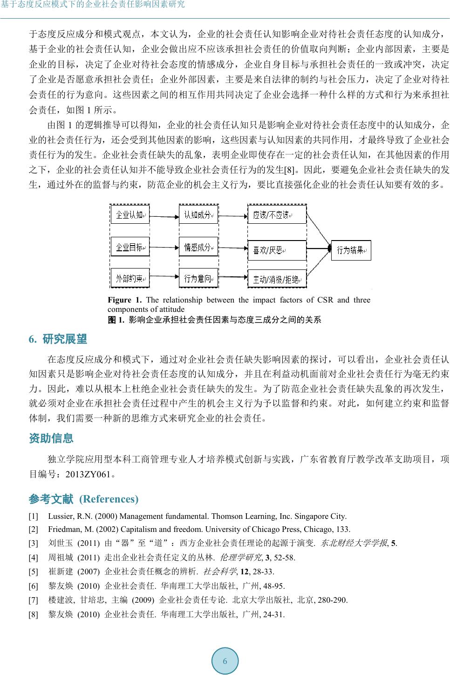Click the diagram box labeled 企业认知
130,215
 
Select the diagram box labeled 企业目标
130,247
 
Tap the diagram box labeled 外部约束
130,279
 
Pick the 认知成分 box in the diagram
198,215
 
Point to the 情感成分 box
198,247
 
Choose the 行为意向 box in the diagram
198,279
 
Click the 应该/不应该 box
277,215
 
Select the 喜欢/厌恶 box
277,250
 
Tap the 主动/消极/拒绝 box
277,279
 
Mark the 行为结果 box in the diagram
351,250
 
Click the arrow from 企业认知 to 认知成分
164,215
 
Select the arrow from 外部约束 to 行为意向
164,279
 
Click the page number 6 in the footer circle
225,661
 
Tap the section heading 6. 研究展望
58,339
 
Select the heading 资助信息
51,438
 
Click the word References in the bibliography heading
109,499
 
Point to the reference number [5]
34,572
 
